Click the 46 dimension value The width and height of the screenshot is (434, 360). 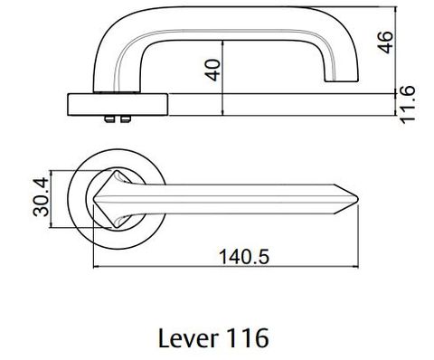click(386, 43)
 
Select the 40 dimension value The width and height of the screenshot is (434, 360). click(212, 71)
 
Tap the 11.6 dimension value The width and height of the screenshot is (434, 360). click(407, 104)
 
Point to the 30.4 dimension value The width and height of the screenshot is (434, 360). click(41, 197)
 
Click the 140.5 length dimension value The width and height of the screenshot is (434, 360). click(244, 257)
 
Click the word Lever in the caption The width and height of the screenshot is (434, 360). click(188, 338)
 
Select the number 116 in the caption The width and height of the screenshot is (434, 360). click(247, 338)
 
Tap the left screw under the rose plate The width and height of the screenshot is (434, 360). click(109, 119)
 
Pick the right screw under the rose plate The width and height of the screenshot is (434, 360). click(125, 119)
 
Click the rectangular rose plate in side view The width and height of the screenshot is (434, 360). click(118, 105)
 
